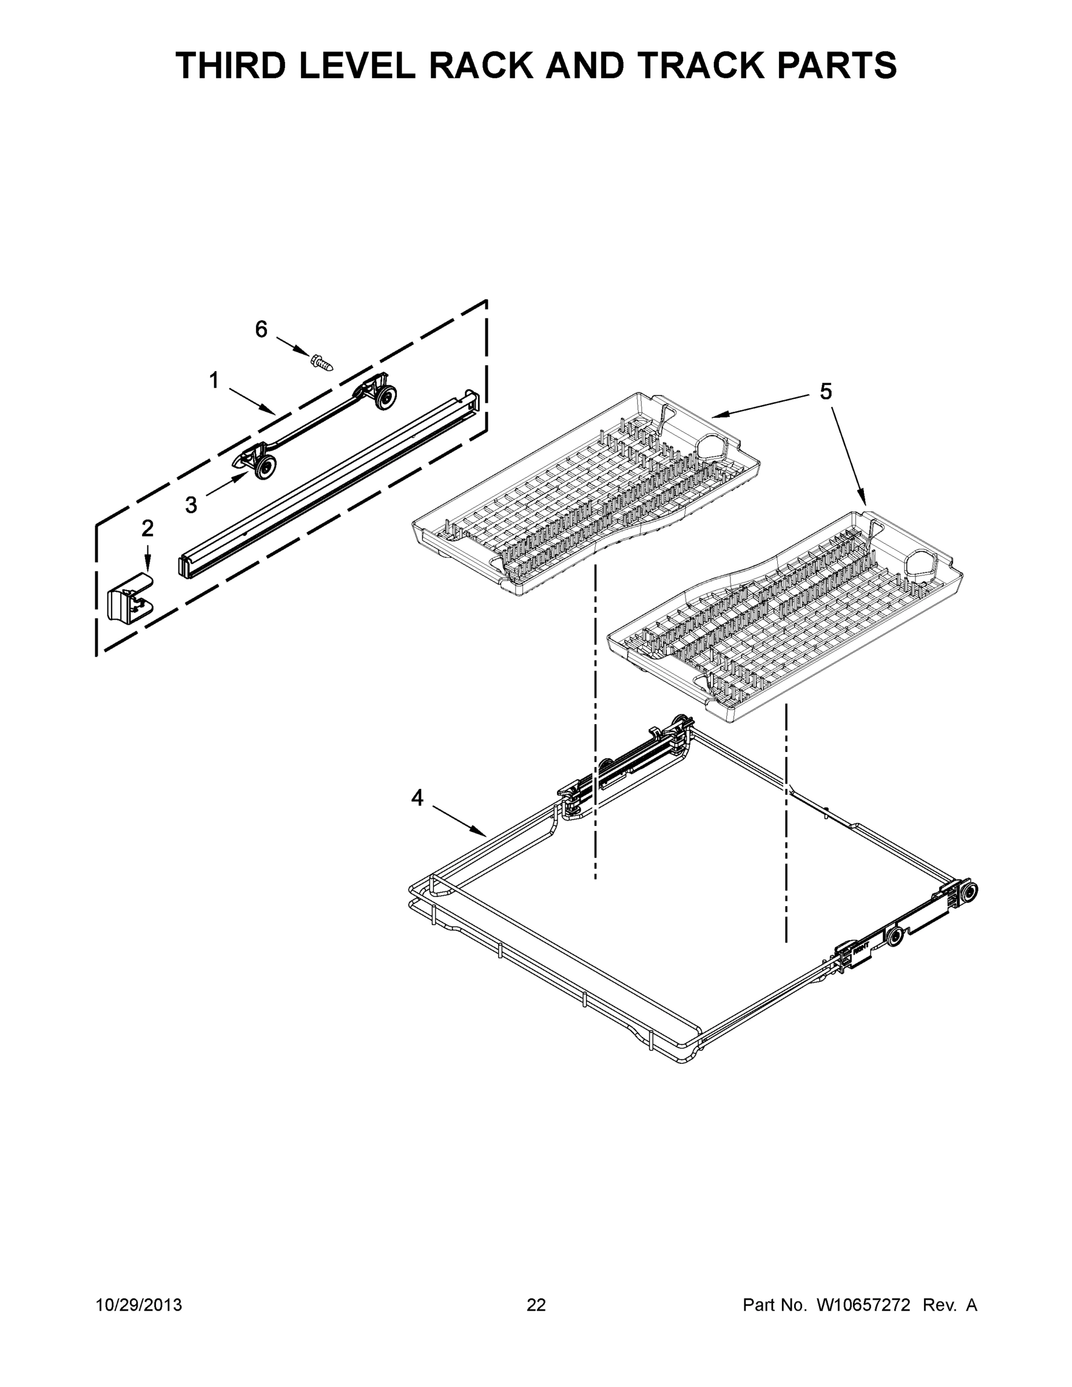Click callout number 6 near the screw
click(261, 329)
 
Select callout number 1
click(214, 380)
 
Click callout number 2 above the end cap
click(147, 528)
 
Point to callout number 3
click(191, 505)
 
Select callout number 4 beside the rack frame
click(417, 798)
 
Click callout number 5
click(825, 392)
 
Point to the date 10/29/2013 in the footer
click(139, 1305)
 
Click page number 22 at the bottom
click(536, 1305)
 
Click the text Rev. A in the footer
click(949, 1305)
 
